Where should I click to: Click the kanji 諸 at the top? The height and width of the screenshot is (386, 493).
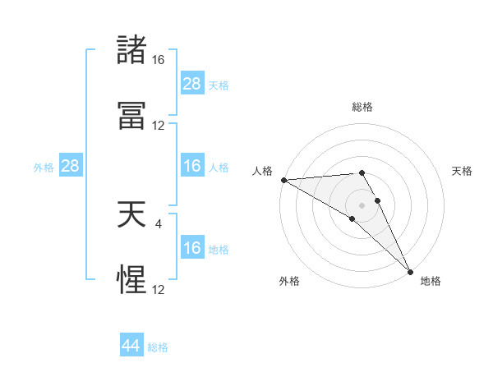131,51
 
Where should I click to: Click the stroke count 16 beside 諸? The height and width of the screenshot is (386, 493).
159,60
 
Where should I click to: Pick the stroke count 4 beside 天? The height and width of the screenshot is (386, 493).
159,223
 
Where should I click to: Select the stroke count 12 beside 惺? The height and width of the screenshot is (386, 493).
159,290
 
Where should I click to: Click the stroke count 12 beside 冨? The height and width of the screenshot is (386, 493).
159,126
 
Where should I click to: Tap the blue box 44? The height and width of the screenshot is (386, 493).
131,347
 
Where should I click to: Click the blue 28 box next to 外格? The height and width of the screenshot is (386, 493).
70,167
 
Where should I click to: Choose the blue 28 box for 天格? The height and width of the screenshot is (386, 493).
191,84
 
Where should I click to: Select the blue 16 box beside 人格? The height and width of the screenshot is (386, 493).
191,167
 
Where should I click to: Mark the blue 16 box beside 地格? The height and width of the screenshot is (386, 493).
191,249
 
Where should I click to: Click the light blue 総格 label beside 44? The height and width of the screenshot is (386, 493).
158,347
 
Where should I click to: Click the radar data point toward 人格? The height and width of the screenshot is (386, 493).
283,180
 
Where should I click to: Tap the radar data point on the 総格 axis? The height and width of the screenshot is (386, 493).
362,172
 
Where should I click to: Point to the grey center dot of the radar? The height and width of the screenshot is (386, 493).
362,204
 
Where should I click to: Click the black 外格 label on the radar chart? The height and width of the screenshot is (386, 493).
289,281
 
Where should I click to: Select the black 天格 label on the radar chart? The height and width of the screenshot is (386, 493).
463,171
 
